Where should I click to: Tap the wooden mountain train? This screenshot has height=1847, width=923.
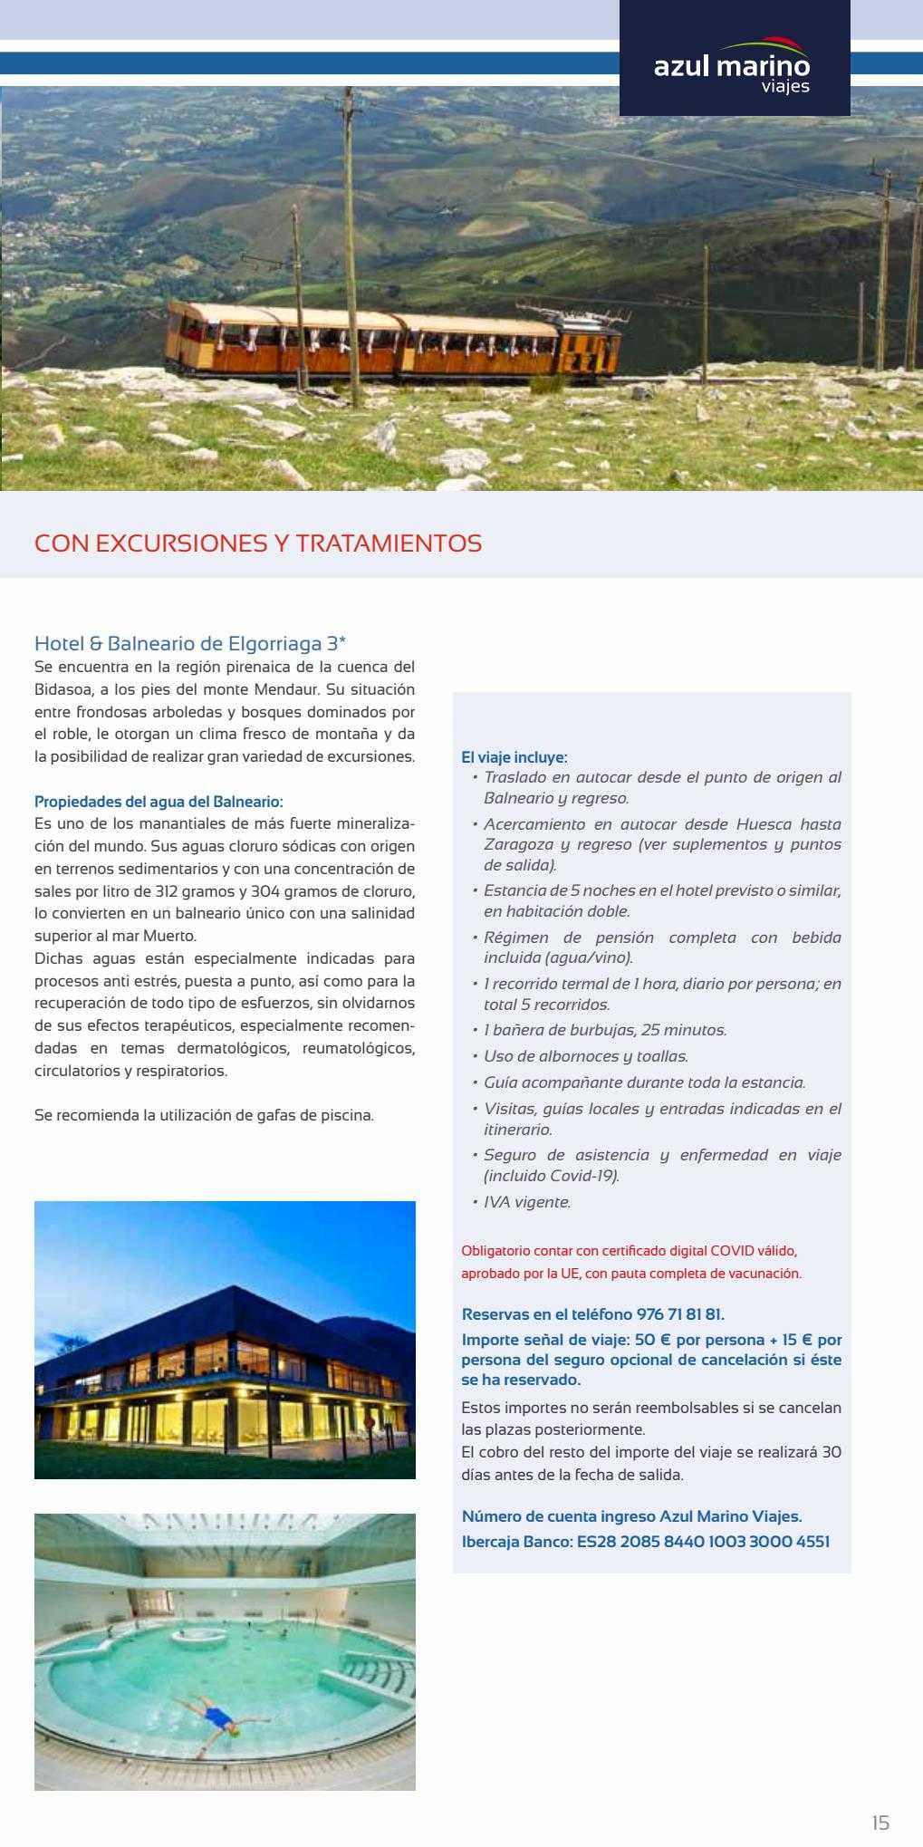point(392,342)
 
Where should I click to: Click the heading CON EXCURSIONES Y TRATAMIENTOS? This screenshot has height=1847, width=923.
point(258,544)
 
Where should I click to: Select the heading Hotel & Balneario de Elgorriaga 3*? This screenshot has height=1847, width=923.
point(190,644)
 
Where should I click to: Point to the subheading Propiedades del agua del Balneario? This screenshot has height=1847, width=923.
point(159,802)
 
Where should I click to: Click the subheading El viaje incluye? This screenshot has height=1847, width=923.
point(514,757)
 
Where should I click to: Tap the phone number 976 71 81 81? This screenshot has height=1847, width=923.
point(680,1313)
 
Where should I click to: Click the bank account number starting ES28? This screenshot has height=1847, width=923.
point(703,1541)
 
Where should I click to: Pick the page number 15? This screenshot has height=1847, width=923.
point(880,1823)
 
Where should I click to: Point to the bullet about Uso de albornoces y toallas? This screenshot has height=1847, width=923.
point(585,1056)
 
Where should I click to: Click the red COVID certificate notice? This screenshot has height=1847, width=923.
point(630,1262)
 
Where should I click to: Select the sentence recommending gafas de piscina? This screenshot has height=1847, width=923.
point(204,1115)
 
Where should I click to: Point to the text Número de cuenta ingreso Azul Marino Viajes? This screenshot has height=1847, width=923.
point(632,1515)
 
